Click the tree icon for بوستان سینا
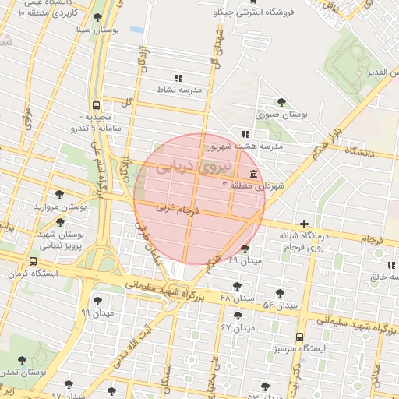pyautogui.click(x=97, y=18)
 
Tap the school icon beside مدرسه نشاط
pyautogui.click(x=178, y=78)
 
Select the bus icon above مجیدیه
pyautogui.click(x=96, y=104)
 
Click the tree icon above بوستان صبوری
pyautogui.click(x=281, y=102)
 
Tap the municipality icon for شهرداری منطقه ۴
pyautogui.click(x=254, y=173)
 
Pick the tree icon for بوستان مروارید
pyautogui.click(x=59, y=194)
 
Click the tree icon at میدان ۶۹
pyautogui.click(x=245, y=249)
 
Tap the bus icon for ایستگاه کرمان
pyautogui.click(x=32, y=263)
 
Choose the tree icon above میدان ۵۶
pyautogui.click(x=280, y=293)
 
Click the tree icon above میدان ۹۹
pyautogui.click(x=97, y=301)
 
